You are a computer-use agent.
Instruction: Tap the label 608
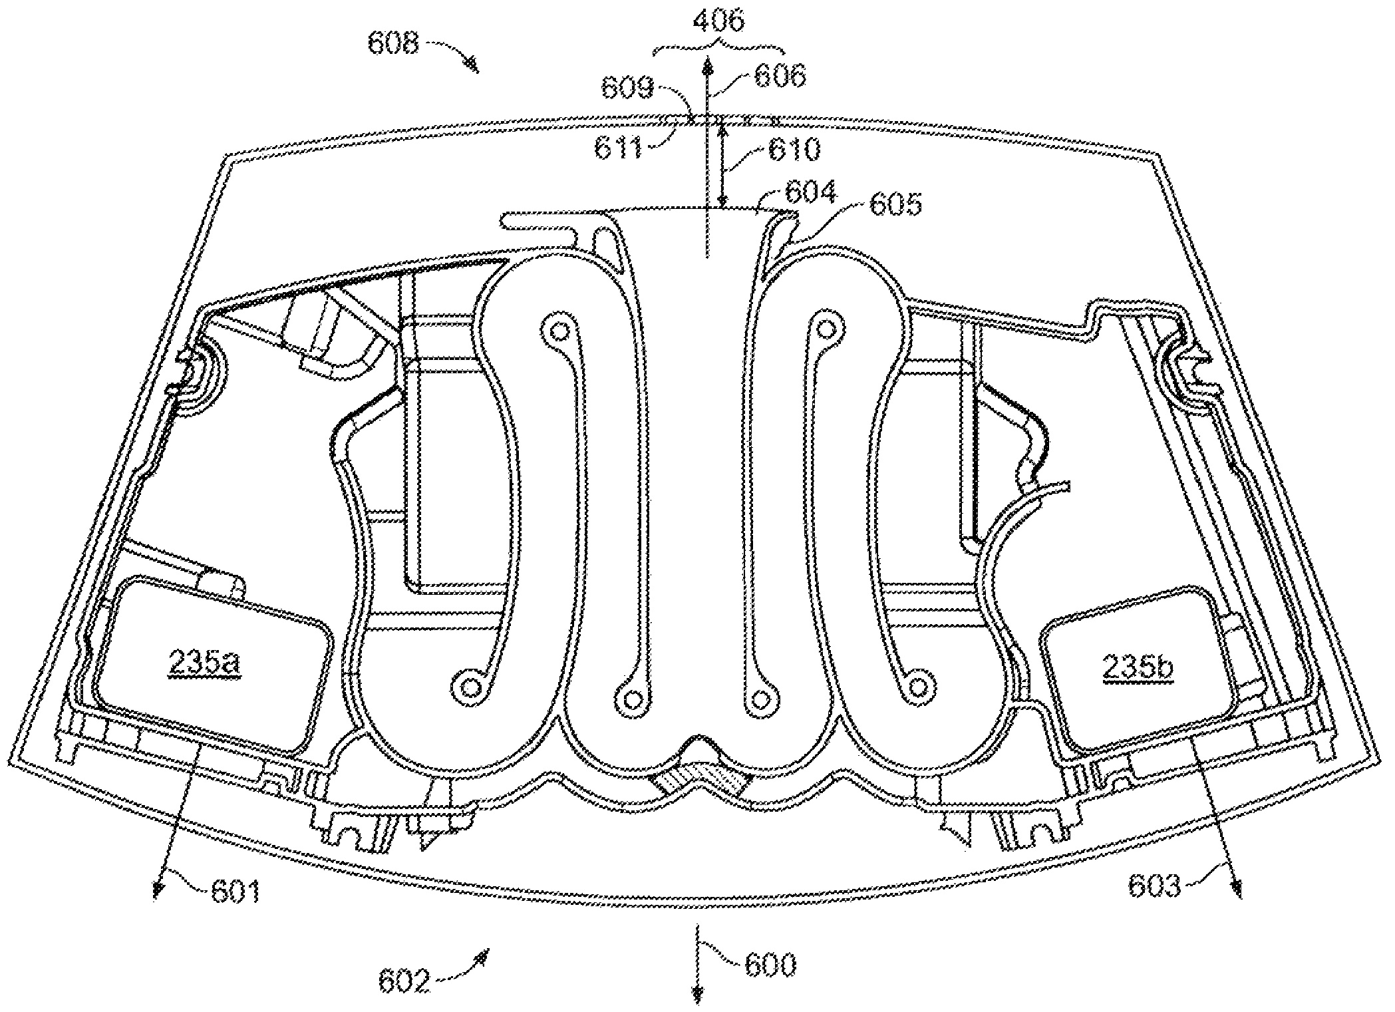[x=394, y=45]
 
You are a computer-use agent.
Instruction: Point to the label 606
[x=780, y=75]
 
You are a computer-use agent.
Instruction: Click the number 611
[x=618, y=147]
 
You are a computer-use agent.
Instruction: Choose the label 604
[x=811, y=194]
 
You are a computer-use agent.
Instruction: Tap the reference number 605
[x=895, y=205]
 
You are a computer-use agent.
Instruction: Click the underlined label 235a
[x=204, y=662]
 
